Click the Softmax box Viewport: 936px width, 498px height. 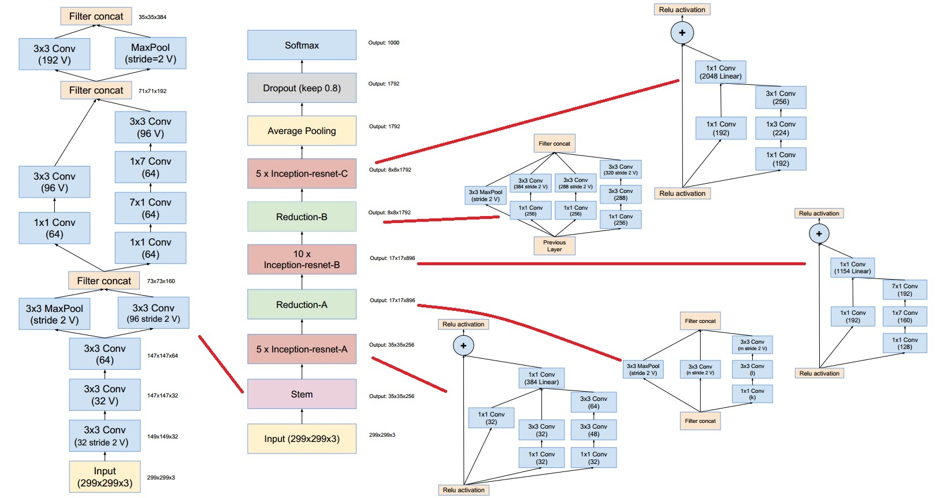click(302, 45)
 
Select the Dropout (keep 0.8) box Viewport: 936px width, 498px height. click(302, 88)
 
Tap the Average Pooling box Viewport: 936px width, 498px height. click(302, 131)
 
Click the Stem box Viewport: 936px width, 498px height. click(302, 394)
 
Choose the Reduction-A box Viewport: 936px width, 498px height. click(302, 304)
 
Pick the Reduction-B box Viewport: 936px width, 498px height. click(302, 217)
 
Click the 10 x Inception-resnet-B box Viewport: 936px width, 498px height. click(302, 259)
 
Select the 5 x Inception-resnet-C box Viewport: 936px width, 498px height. click(302, 173)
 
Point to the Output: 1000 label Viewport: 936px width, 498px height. click(384, 43)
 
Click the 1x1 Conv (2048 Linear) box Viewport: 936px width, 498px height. click(720, 72)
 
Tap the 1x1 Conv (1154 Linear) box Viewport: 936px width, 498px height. click(852, 267)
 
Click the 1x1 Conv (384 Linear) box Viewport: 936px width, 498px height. click(541, 378)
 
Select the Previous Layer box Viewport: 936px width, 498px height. click(554, 246)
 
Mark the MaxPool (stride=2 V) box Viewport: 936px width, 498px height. click(150, 53)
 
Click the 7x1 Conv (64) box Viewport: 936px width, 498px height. click(150, 208)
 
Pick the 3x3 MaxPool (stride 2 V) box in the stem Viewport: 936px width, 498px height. click(54, 314)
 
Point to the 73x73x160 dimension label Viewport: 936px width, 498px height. click(161, 281)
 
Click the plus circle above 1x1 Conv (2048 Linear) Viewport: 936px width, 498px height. click(682, 33)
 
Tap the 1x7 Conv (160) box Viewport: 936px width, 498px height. click(904, 316)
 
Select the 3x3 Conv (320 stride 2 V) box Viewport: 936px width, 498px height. click(621, 169)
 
